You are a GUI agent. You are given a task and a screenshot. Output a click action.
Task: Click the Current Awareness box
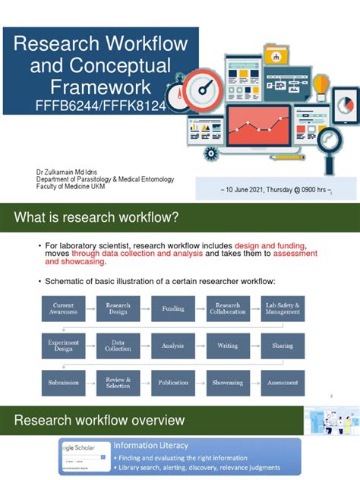pos(63,309)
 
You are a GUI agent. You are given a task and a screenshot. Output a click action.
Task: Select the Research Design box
pos(118,309)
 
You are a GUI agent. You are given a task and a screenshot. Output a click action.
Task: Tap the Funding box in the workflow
pos(172,309)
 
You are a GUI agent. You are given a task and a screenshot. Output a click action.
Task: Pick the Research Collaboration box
pos(228,309)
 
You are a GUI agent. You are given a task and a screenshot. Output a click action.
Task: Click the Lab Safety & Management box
pos(283,309)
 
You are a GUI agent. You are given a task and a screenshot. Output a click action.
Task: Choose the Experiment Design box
pos(63,346)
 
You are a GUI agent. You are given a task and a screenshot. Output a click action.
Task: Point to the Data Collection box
pos(118,346)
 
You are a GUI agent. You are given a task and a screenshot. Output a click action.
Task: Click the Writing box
pos(228,346)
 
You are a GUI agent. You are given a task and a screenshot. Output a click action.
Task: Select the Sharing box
pos(283,346)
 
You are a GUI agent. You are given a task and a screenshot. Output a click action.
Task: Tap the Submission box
pos(63,382)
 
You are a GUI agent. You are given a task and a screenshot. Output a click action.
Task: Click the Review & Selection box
pos(118,382)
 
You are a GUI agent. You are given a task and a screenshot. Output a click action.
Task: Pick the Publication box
pos(172,382)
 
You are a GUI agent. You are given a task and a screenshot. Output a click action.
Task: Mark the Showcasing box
pos(228,382)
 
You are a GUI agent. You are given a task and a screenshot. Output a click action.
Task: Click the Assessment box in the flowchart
pos(283,382)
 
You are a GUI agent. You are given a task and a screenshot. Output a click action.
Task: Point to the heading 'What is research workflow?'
pos(96,219)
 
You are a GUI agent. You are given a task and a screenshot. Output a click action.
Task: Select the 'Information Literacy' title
pos(152,445)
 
